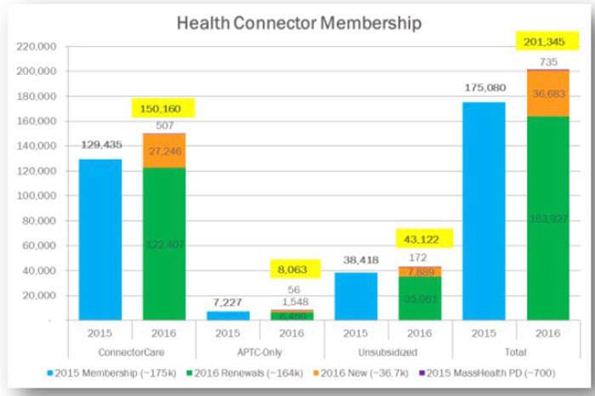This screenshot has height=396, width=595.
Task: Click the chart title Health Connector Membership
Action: click(298, 23)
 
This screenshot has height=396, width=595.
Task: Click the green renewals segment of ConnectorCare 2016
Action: click(164, 244)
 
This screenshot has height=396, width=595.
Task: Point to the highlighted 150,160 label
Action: click(164, 109)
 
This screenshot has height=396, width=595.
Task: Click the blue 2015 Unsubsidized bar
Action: click(356, 296)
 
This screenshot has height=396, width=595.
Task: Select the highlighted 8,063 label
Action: click(292, 270)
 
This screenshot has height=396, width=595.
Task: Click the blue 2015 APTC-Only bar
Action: click(228, 315)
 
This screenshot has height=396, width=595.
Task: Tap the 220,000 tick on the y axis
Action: click(37, 47)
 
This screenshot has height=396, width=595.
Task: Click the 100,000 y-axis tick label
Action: click(37, 196)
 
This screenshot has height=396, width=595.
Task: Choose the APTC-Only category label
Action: click(259, 351)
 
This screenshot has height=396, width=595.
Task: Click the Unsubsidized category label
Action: click(388, 351)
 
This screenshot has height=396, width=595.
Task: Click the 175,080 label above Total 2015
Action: click(484, 88)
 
